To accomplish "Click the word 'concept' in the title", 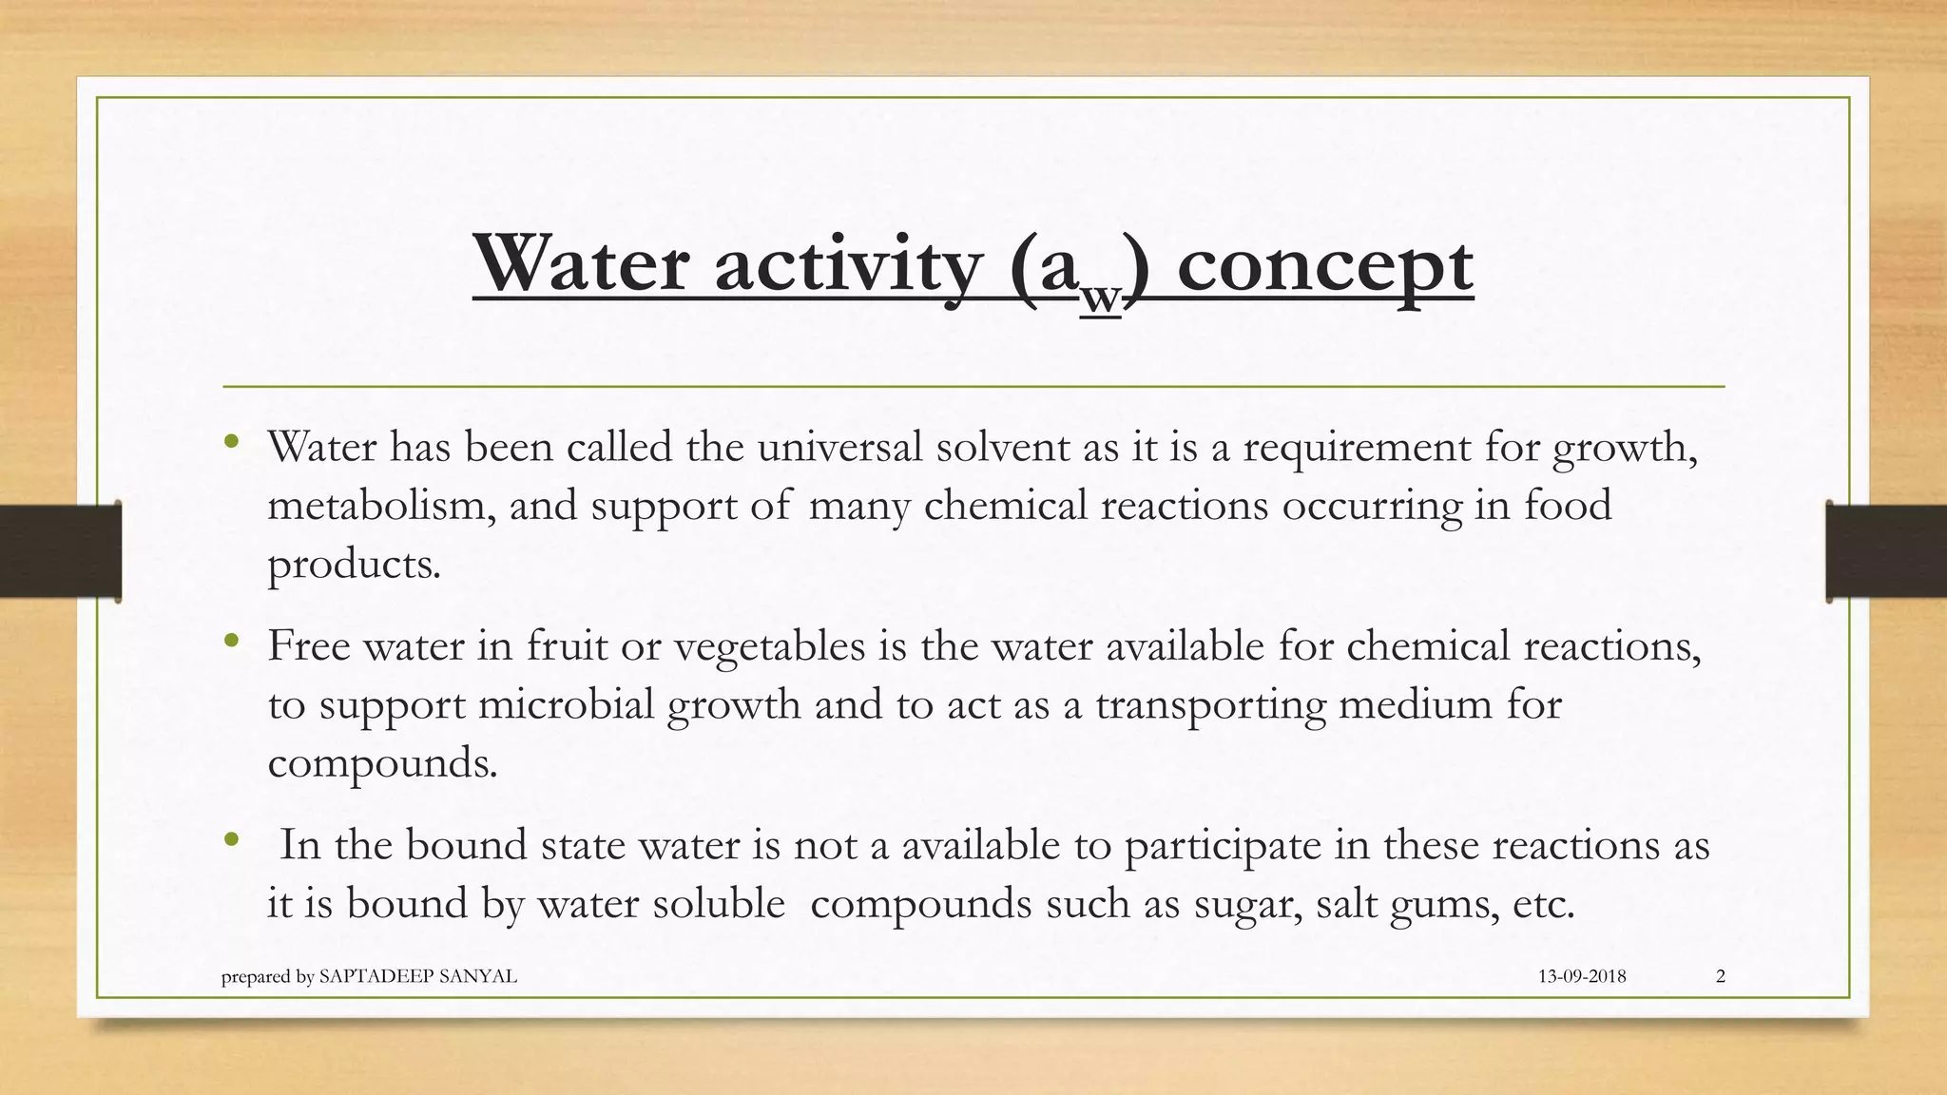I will coord(1325,267).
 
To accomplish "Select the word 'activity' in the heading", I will coord(847,267).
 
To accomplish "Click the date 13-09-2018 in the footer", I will coord(1582,976).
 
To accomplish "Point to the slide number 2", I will coord(1721,976).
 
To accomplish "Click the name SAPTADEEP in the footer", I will coord(375,976).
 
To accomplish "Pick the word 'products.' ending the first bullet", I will coord(354,565).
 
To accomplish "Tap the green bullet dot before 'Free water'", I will coord(231,643).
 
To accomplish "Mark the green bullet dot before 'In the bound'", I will coord(231,840).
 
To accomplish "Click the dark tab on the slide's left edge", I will coord(60,551).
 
